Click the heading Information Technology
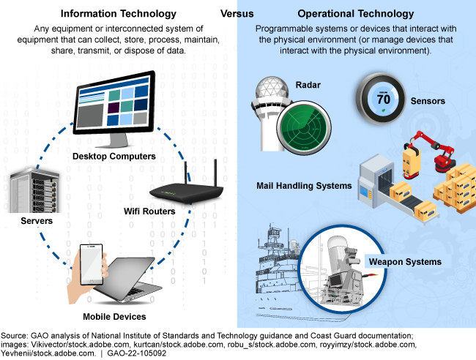[x=118, y=14]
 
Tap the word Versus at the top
[x=238, y=14]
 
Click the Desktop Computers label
[x=114, y=156]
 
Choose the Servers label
[x=28, y=220]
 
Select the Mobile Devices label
[x=115, y=316]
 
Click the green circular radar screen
[x=308, y=125]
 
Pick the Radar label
[x=302, y=84]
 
